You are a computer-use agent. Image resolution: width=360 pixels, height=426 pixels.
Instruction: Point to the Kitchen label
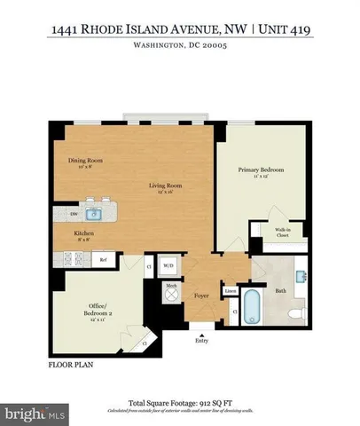pyautogui.click(x=85, y=233)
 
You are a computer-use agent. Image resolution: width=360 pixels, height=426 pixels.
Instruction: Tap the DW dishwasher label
pyautogui.click(x=61, y=214)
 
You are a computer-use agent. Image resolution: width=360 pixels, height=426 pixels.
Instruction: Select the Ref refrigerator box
pyautogui.click(x=104, y=259)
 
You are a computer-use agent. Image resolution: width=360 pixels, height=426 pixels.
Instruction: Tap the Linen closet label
pyautogui.click(x=230, y=290)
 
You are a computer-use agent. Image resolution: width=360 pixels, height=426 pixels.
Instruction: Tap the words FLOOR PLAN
pyautogui.click(x=72, y=364)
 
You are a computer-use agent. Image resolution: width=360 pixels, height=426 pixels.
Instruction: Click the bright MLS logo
pyautogui.click(x=35, y=414)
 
